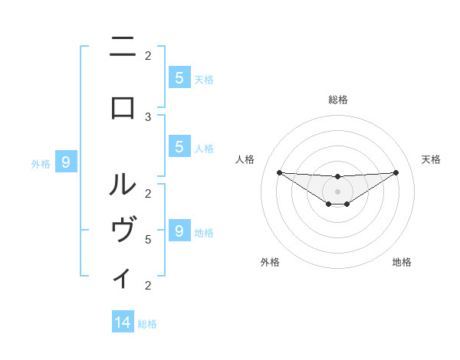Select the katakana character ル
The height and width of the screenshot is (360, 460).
click(x=123, y=185)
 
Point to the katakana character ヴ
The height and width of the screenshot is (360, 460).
click(x=123, y=231)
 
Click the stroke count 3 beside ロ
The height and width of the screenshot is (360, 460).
click(x=148, y=116)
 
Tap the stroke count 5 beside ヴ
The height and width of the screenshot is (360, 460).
click(x=148, y=239)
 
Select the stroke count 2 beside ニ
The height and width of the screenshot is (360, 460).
click(x=148, y=55)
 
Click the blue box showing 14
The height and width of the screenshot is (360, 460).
click(x=123, y=322)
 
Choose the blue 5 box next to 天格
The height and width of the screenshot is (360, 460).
click(x=179, y=77)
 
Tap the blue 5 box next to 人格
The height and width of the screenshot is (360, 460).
click(x=179, y=147)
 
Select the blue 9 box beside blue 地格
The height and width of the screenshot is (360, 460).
click(x=179, y=231)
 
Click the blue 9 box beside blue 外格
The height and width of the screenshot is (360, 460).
click(x=66, y=162)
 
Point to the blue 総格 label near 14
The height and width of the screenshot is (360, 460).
click(x=147, y=324)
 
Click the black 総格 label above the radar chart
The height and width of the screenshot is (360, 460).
click(x=338, y=100)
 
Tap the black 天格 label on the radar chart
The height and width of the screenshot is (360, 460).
click(x=432, y=159)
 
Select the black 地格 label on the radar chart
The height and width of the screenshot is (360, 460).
click(x=402, y=263)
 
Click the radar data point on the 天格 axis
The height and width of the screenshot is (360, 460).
click(x=396, y=172)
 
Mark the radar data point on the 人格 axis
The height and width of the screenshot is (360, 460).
click(x=279, y=172)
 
